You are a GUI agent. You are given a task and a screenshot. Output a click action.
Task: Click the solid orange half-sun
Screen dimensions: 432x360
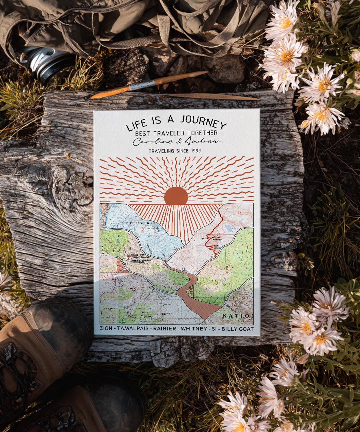[176, 196]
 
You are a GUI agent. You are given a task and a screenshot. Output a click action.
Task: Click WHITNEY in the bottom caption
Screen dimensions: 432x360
[194, 328]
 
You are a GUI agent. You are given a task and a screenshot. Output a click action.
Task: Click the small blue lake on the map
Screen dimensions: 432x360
[228, 228]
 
